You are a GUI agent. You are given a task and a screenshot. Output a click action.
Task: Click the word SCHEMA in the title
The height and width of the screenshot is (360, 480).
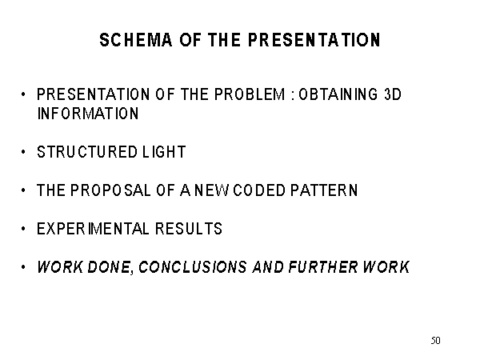coord(136,40)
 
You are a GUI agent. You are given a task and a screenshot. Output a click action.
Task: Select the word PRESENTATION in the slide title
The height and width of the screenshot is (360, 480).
coord(314,40)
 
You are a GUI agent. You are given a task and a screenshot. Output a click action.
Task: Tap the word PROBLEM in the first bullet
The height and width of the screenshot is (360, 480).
coord(250,94)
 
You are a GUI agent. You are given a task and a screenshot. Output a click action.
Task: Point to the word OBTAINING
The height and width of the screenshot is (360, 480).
coord(338,94)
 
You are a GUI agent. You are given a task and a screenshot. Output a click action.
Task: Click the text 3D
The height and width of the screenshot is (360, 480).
coord(392,94)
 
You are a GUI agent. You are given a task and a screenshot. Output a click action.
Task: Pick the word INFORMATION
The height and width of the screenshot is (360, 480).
coord(88,114)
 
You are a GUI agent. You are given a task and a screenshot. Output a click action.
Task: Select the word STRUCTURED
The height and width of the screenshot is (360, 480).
coord(87,152)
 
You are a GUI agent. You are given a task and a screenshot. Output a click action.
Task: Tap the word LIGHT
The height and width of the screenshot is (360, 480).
coord(164,152)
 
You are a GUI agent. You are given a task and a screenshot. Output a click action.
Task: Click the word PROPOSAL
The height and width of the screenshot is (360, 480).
coord(110,190)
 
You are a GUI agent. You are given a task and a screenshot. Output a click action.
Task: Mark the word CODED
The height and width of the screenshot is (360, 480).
coord(259,190)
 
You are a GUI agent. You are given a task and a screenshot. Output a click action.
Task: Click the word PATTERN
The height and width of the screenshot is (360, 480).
coord(324,190)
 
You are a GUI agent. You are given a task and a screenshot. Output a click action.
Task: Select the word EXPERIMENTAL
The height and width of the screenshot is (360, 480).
coord(93,229)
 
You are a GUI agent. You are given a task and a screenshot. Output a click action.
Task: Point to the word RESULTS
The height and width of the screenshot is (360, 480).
coord(189,229)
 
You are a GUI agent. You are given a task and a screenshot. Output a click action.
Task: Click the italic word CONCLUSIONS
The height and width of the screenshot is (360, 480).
coord(193,266)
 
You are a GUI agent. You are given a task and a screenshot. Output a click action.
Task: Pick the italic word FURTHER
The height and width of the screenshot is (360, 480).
coord(323,266)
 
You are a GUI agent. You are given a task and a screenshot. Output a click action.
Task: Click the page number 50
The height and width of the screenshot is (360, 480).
coord(436,341)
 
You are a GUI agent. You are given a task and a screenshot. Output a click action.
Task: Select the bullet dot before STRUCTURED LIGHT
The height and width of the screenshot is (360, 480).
coord(23,151)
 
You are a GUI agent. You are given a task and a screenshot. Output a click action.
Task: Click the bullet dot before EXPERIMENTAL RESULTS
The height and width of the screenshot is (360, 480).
coord(23,228)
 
